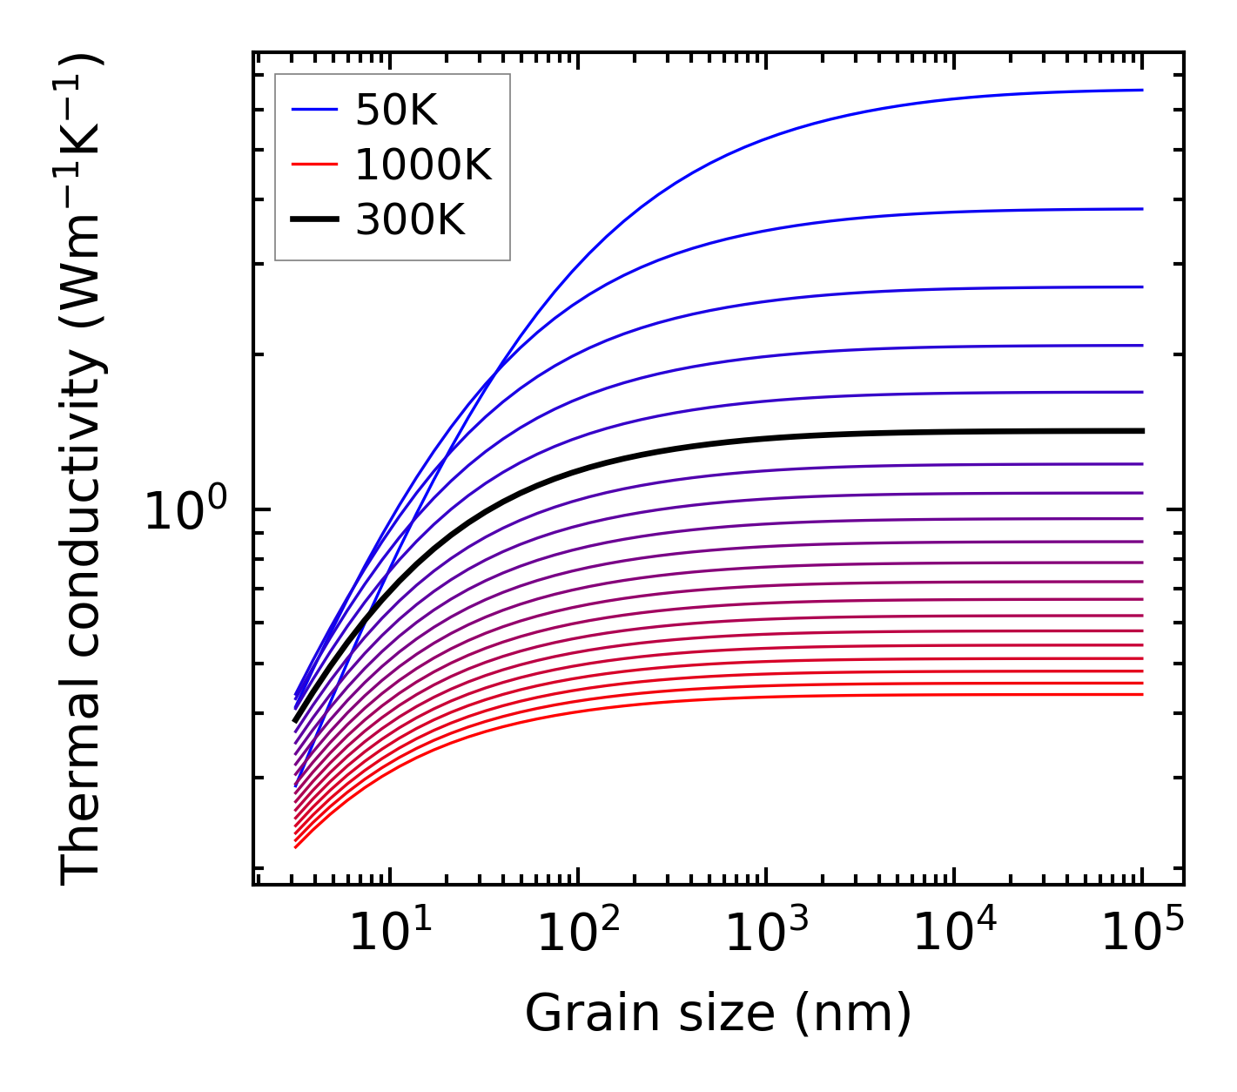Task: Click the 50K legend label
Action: point(395,111)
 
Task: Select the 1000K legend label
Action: point(423,165)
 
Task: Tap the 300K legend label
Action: point(410,220)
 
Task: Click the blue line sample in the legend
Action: point(313,110)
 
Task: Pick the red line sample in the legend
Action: point(313,164)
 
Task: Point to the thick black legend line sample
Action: point(313,219)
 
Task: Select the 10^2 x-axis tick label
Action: point(578,935)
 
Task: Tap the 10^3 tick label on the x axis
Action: point(766,935)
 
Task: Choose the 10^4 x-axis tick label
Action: point(954,935)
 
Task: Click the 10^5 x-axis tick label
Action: point(1142,935)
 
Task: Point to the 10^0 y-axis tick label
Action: point(185,511)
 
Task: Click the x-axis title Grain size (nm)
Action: point(718,1014)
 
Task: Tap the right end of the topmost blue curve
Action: point(1141,90)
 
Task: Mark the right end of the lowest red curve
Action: point(1141,694)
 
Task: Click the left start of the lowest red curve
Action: point(297,846)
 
